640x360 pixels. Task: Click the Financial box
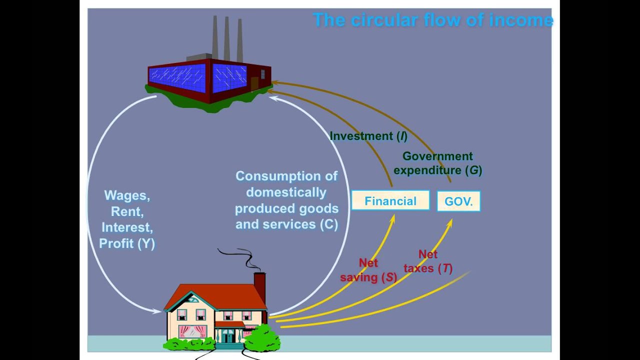click(390, 200)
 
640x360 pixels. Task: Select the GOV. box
click(458, 201)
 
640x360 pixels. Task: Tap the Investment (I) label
click(368, 136)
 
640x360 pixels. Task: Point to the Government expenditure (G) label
click(438, 163)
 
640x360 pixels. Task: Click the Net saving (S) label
click(368, 270)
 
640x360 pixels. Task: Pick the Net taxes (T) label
click(428, 261)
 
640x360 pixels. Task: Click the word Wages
click(127, 195)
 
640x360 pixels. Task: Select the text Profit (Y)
click(127, 243)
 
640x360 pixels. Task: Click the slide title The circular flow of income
click(433, 19)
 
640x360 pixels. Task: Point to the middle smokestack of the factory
click(227, 38)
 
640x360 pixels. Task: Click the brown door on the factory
click(254, 83)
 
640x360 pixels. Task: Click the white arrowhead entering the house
click(157, 311)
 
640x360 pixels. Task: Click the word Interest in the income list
click(127, 227)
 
